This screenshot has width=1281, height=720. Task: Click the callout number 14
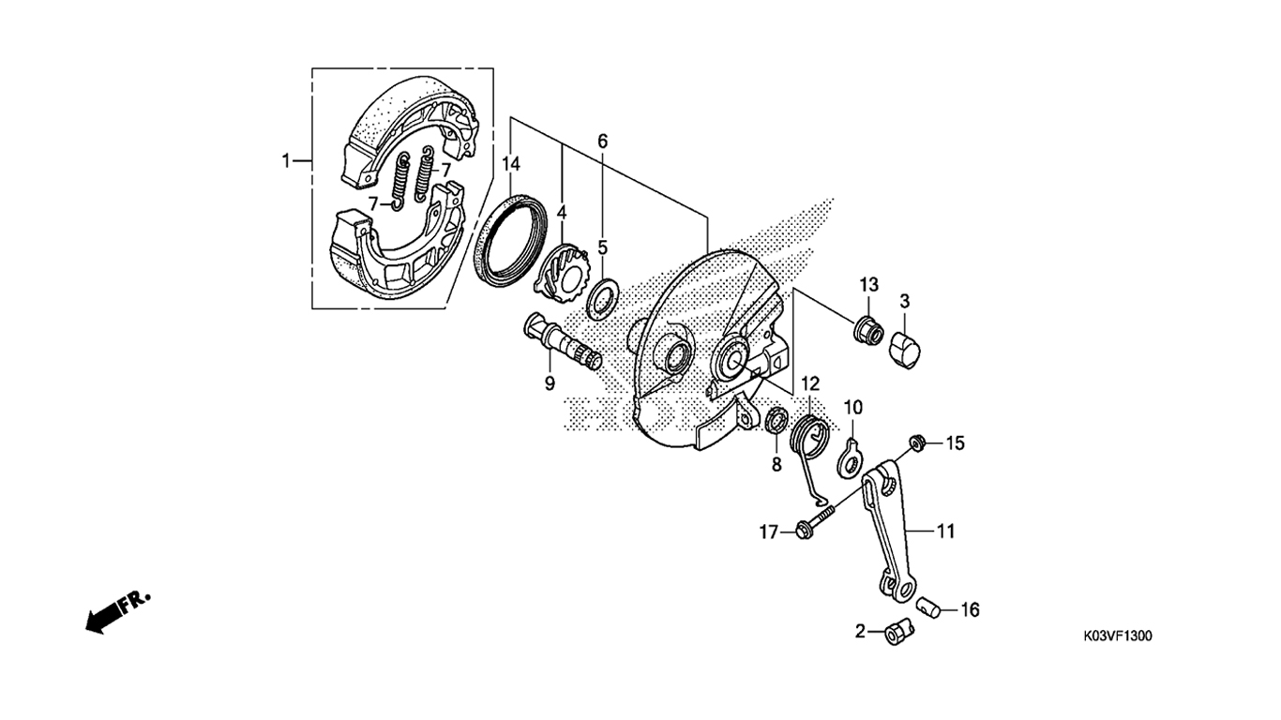click(x=511, y=165)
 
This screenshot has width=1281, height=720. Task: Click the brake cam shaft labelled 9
click(x=561, y=345)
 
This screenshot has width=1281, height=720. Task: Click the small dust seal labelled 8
click(x=777, y=422)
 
